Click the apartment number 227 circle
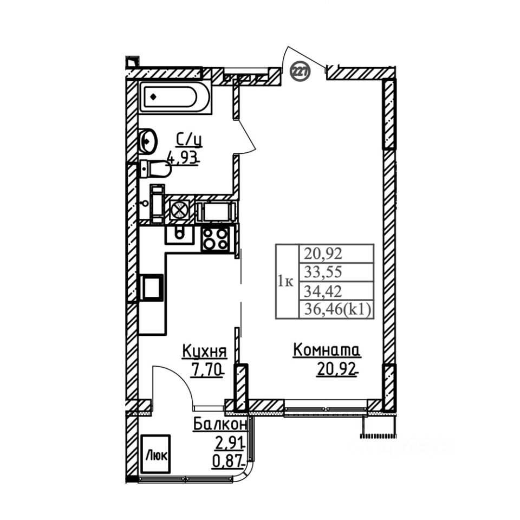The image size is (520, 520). point(300,71)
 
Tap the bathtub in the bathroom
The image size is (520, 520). point(174,97)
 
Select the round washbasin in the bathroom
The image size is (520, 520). point(147,141)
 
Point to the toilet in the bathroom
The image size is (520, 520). point(155,169)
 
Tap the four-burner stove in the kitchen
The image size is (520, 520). point(215,238)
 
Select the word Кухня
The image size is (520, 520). point(204,351)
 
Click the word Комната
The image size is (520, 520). point(327,350)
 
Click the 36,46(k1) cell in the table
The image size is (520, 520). point(336,309)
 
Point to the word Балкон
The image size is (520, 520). point(220,424)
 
